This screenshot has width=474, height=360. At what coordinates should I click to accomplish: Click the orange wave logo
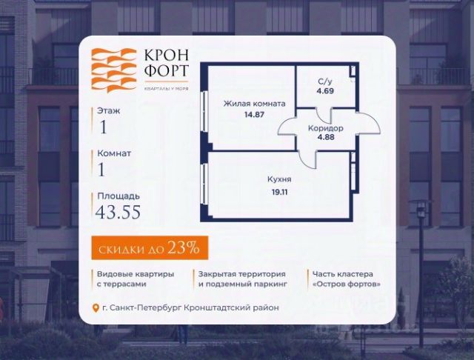click(113, 71)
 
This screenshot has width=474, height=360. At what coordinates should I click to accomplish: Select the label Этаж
click(108, 111)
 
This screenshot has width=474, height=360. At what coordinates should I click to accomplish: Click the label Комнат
click(114, 153)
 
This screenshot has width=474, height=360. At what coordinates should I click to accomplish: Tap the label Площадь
click(118, 196)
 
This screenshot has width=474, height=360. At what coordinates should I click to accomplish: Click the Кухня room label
click(279, 179)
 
